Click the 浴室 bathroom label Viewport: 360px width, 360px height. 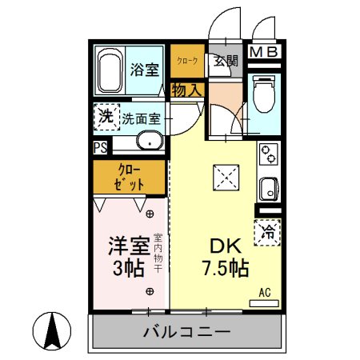tap(146, 68)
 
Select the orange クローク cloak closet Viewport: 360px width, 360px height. tap(187, 61)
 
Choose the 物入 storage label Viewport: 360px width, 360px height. tap(186, 90)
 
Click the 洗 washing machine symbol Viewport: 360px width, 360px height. tap(106, 117)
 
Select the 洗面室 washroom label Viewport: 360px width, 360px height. tap(142, 119)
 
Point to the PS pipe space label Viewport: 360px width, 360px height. tap(100, 147)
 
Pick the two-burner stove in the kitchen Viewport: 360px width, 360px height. tap(269, 154)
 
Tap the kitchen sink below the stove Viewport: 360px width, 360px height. tap(267, 190)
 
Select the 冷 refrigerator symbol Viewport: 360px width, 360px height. tap(269, 233)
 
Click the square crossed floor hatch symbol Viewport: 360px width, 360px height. tap(224, 177)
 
